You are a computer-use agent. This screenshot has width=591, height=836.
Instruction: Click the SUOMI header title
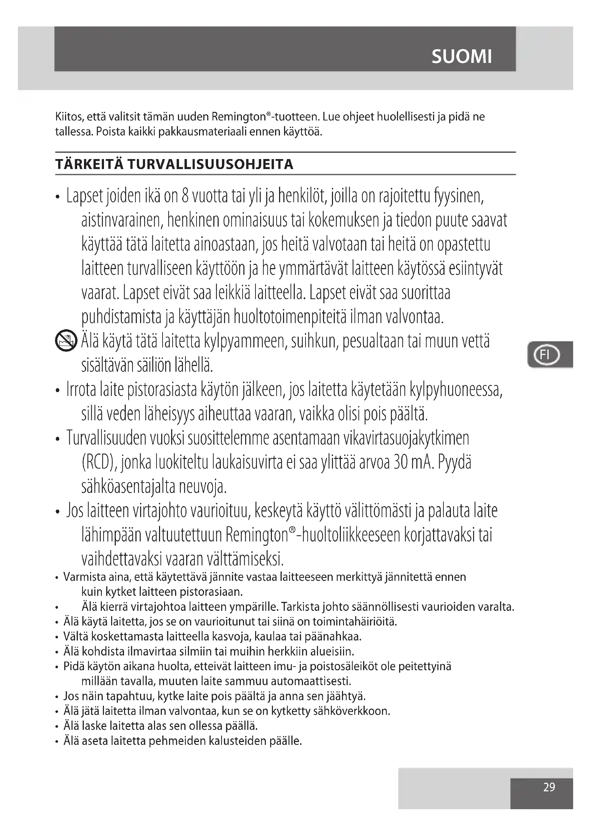coord(461,56)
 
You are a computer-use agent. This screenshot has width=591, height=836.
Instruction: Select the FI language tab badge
coord(546,354)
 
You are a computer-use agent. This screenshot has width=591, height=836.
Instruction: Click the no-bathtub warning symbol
coord(66,341)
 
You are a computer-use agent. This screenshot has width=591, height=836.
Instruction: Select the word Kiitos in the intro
coord(70,117)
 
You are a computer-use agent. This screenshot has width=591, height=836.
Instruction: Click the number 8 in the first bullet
coord(185,197)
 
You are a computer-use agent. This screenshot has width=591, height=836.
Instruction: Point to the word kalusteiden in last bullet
coord(238,741)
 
